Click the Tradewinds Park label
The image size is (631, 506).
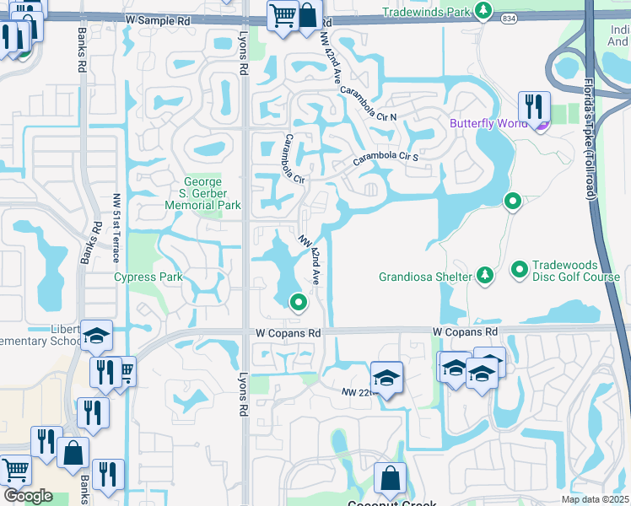point(426,12)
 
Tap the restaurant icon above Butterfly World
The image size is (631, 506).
point(533,106)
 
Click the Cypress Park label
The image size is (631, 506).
point(148,277)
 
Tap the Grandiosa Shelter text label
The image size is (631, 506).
point(426,276)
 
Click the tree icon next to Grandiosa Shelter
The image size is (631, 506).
point(484,276)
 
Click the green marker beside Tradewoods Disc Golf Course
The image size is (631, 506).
point(520,271)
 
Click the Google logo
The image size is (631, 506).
point(28,496)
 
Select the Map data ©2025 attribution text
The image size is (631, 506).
point(595,499)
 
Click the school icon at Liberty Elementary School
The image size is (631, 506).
point(96,336)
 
